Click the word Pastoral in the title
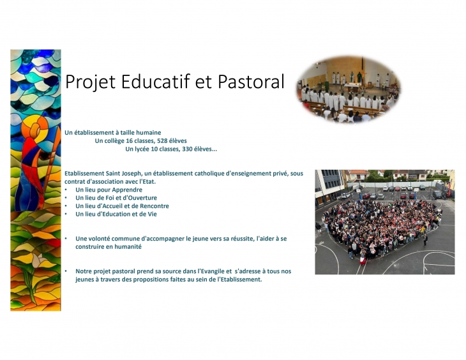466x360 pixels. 251,82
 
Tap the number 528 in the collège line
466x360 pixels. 162,140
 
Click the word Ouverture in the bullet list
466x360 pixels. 142,198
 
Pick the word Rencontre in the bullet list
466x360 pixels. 154,206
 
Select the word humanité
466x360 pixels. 128,247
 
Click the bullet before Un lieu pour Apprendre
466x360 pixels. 66,190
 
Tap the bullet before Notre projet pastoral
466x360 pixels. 66,271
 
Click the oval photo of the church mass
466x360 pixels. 349,89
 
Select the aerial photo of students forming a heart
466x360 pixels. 385,222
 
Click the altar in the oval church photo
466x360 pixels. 352,87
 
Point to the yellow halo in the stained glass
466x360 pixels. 35,128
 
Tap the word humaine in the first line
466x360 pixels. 150,133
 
